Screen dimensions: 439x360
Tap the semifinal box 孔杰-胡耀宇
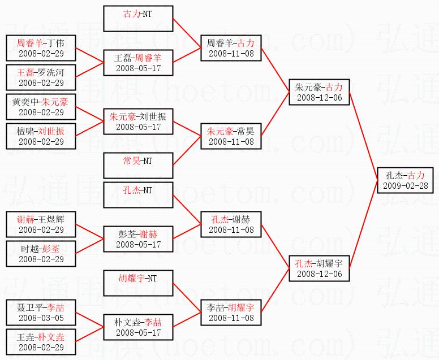click(319, 268)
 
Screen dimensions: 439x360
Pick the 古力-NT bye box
click(138, 19)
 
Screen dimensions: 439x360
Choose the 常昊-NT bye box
click(138, 166)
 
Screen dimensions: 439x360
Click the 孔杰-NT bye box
click(138, 196)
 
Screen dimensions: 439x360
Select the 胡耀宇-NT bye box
click(138, 284)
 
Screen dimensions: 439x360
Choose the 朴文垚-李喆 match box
click(138, 327)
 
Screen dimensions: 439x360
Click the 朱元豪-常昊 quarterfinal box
click(231, 136)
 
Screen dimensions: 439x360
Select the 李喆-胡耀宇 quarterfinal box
click(231, 313)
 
